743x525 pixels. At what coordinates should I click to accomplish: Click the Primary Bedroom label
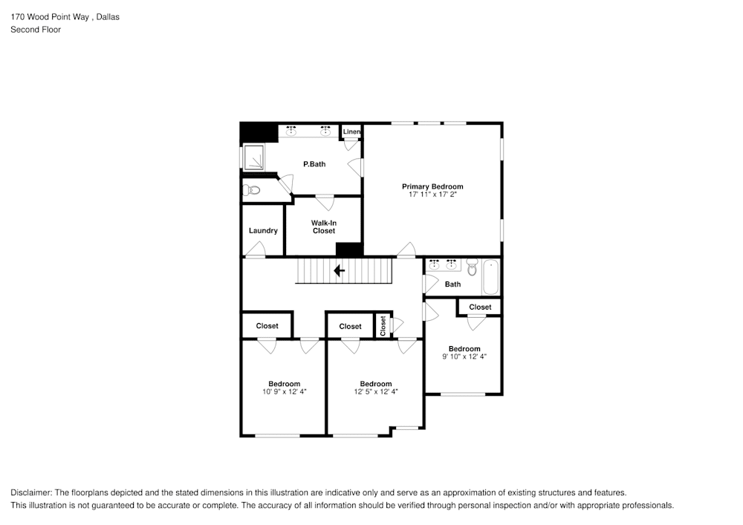click(x=432, y=186)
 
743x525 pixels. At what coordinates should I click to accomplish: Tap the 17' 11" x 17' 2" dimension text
click(x=432, y=195)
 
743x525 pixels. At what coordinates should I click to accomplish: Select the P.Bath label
click(x=314, y=164)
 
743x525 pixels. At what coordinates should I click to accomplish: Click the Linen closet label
click(x=351, y=132)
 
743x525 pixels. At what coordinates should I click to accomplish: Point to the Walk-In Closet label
click(x=324, y=226)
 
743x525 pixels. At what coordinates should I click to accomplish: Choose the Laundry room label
click(x=263, y=231)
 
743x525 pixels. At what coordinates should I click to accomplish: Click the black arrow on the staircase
click(x=340, y=271)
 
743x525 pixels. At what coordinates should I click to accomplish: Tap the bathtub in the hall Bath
click(x=491, y=278)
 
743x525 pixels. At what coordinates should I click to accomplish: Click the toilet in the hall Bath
click(x=472, y=268)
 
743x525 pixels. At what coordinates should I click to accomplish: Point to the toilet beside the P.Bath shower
click(x=252, y=191)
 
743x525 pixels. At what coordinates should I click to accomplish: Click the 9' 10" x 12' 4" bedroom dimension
click(x=464, y=356)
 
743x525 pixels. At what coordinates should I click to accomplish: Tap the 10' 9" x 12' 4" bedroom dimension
click(x=285, y=391)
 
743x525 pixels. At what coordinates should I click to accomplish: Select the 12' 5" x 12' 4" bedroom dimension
click(x=376, y=391)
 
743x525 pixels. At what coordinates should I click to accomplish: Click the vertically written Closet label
click(x=383, y=325)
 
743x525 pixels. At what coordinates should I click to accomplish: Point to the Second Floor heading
click(x=36, y=30)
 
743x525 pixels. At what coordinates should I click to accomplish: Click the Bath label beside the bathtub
click(x=452, y=284)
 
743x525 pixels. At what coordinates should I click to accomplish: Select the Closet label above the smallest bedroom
click(x=480, y=307)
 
